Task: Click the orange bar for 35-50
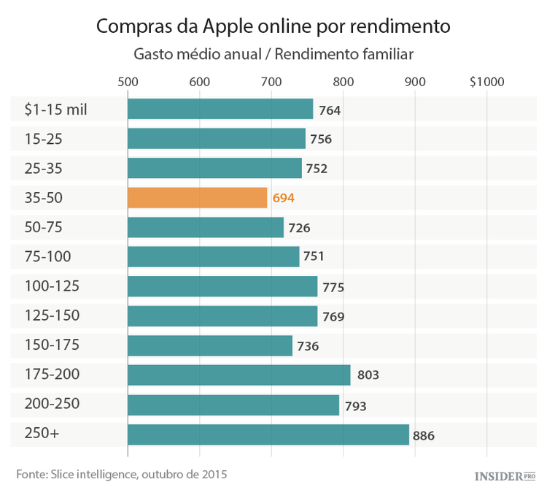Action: [x=197, y=198]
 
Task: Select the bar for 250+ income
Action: [x=268, y=435]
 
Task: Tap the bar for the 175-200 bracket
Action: [x=238, y=375]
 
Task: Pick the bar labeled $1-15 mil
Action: [x=220, y=109]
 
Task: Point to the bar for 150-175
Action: [x=209, y=345]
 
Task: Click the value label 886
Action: [x=424, y=436]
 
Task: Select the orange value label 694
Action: [x=283, y=198]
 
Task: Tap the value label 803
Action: [x=368, y=376]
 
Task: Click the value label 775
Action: [x=333, y=287]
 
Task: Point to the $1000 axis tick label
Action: [x=486, y=82]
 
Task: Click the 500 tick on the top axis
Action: [x=128, y=82]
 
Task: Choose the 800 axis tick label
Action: [x=343, y=82]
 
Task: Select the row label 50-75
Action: [x=44, y=227]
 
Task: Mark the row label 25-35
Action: [x=44, y=168]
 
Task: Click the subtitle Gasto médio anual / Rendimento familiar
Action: [x=273, y=55]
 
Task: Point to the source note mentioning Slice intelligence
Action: [x=122, y=474]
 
